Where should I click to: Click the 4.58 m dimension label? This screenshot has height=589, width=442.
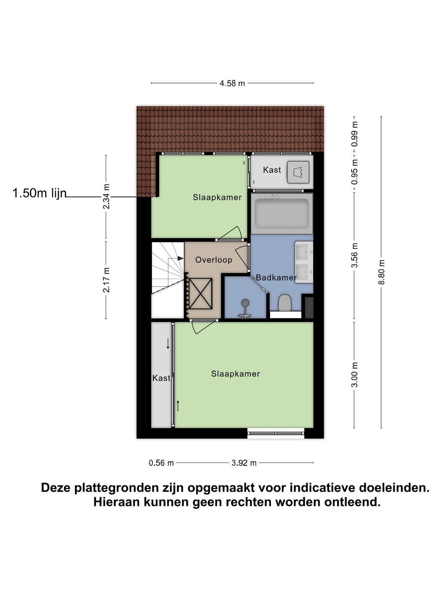point(232,83)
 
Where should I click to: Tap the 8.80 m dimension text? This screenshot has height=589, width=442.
point(381,272)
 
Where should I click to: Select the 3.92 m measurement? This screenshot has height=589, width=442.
point(244,463)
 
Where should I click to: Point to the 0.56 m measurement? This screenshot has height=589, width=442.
point(161,463)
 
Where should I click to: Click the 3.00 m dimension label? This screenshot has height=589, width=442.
point(354,375)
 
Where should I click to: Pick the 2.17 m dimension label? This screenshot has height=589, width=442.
point(106,280)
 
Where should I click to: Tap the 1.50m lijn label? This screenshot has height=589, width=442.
point(40,193)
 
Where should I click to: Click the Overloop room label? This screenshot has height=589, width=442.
point(214,260)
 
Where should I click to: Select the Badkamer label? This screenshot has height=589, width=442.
point(276,278)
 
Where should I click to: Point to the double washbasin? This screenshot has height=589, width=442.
point(304,262)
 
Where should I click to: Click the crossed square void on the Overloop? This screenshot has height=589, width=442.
point(200,294)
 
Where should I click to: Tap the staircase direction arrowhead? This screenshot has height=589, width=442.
point(180,258)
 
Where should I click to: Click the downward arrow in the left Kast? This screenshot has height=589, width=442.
point(168,344)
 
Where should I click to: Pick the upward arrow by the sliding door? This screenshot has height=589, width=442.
point(178,406)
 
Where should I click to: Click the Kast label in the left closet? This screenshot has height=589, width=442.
point(161,378)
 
